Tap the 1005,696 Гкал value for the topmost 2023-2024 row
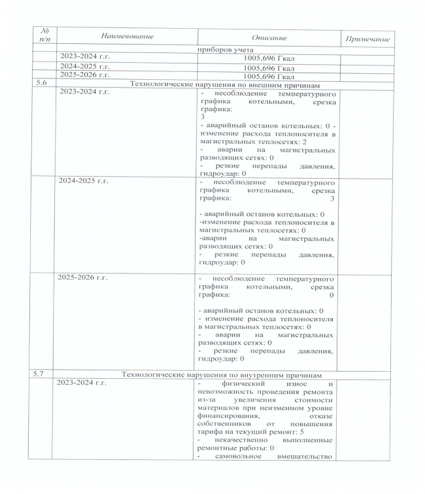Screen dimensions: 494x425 coord(268,58)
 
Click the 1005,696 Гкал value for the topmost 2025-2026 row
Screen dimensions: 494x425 coord(268,75)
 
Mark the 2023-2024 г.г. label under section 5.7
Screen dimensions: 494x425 coord(85,383)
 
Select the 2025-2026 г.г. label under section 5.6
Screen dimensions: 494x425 coord(85,279)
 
